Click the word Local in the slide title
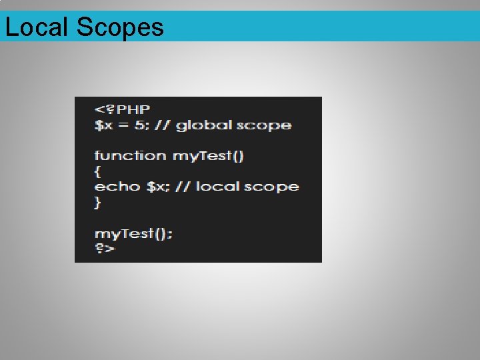click(x=37, y=27)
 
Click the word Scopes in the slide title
click(x=120, y=27)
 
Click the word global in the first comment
click(x=205, y=125)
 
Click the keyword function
click(x=131, y=156)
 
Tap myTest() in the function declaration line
click(x=209, y=156)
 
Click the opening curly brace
click(x=97, y=171)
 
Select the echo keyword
click(x=117, y=187)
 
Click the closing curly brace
click(x=97, y=202)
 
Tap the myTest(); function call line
click(x=133, y=233)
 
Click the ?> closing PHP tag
click(x=104, y=248)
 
